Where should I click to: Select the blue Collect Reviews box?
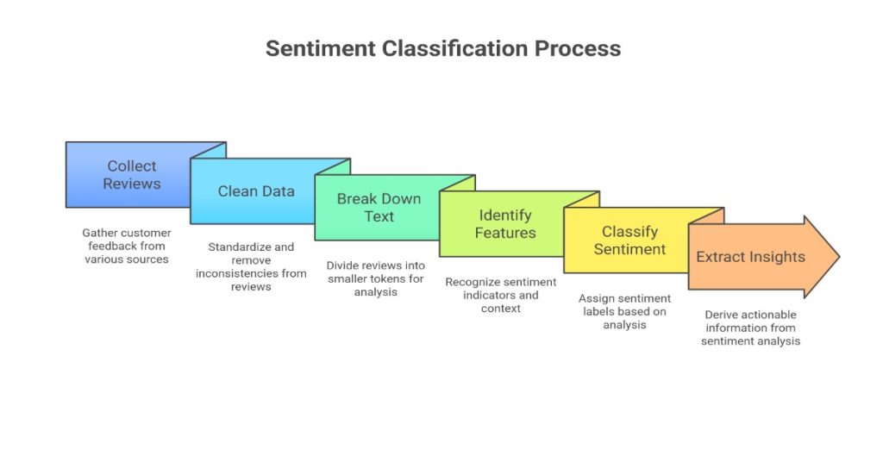pos(129,175)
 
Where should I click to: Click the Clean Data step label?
pos(255,191)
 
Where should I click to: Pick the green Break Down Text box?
pos(379,208)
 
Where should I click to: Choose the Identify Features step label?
pos(504,224)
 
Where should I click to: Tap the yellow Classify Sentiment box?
pos(629,240)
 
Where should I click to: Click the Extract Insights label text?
pos(750,257)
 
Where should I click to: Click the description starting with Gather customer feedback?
pos(127,246)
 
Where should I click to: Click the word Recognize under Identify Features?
pos(473,282)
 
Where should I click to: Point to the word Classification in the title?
pos(457,48)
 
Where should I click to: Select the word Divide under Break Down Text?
pos(343,265)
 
